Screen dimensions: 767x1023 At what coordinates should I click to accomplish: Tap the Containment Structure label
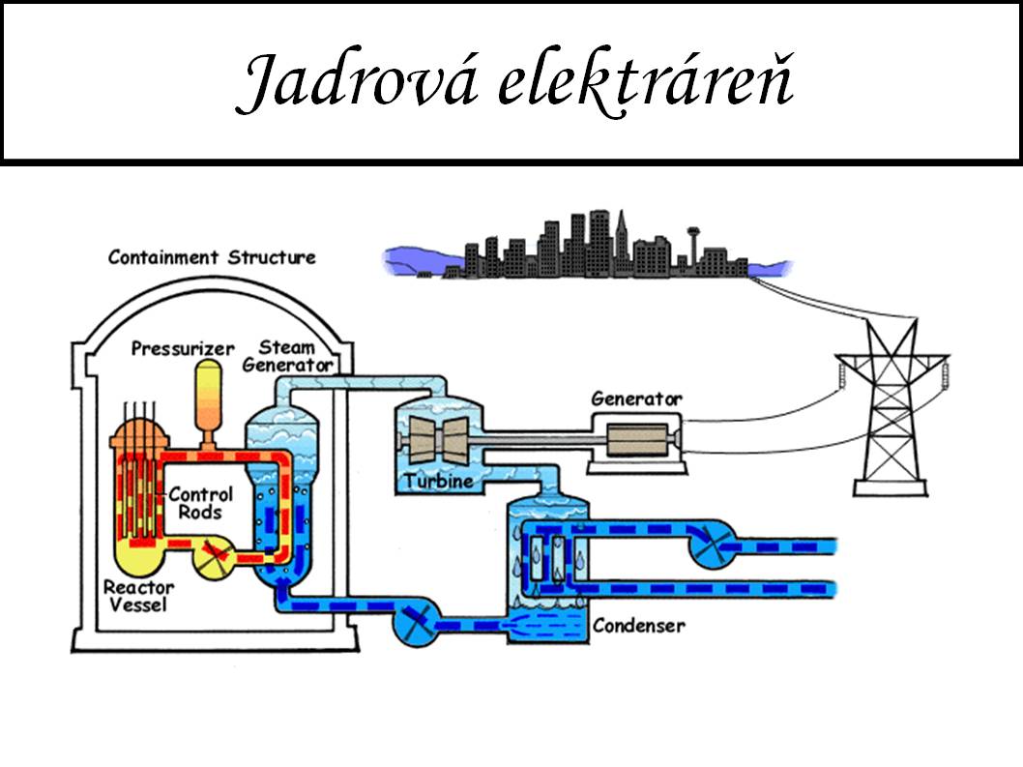click(x=212, y=257)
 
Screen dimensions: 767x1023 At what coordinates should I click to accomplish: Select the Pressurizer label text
click(x=183, y=347)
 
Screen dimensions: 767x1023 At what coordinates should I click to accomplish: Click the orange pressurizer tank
click(x=208, y=397)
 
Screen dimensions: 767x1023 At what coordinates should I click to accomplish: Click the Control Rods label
click(x=200, y=503)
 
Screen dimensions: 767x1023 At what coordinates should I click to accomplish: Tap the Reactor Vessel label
click(x=138, y=596)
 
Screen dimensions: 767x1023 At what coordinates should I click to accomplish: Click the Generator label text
click(x=636, y=398)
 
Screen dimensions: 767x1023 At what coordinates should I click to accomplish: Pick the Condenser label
click(x=638, y=625)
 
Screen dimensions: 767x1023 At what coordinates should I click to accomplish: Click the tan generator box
click(x=635, y=440)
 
